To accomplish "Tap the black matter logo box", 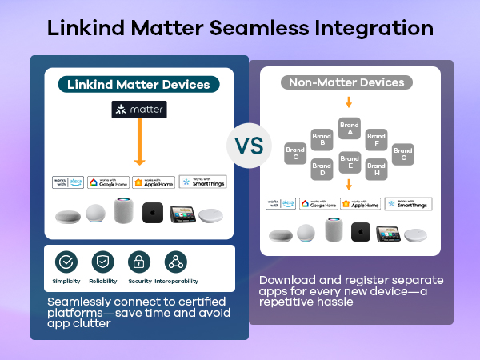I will (139, 110).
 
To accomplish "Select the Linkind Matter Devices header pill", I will (139, 84).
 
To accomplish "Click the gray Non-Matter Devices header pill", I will (346, 82).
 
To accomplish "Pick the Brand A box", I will (349, 128).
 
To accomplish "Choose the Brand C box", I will (294, 154).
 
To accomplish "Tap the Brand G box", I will (403, 154).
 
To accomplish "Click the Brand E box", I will (349, 162).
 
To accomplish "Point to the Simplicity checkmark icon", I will (66, 262).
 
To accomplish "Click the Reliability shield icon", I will (102, 262).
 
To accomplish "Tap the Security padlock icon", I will (139, 262).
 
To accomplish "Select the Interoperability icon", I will (175, 262).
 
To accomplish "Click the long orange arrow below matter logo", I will (139, 143).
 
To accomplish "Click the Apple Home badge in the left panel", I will (154, 182).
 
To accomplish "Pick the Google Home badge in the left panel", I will (108, 182).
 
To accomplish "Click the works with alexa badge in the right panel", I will (282, 204).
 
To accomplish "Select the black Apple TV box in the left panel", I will (154, 214).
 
